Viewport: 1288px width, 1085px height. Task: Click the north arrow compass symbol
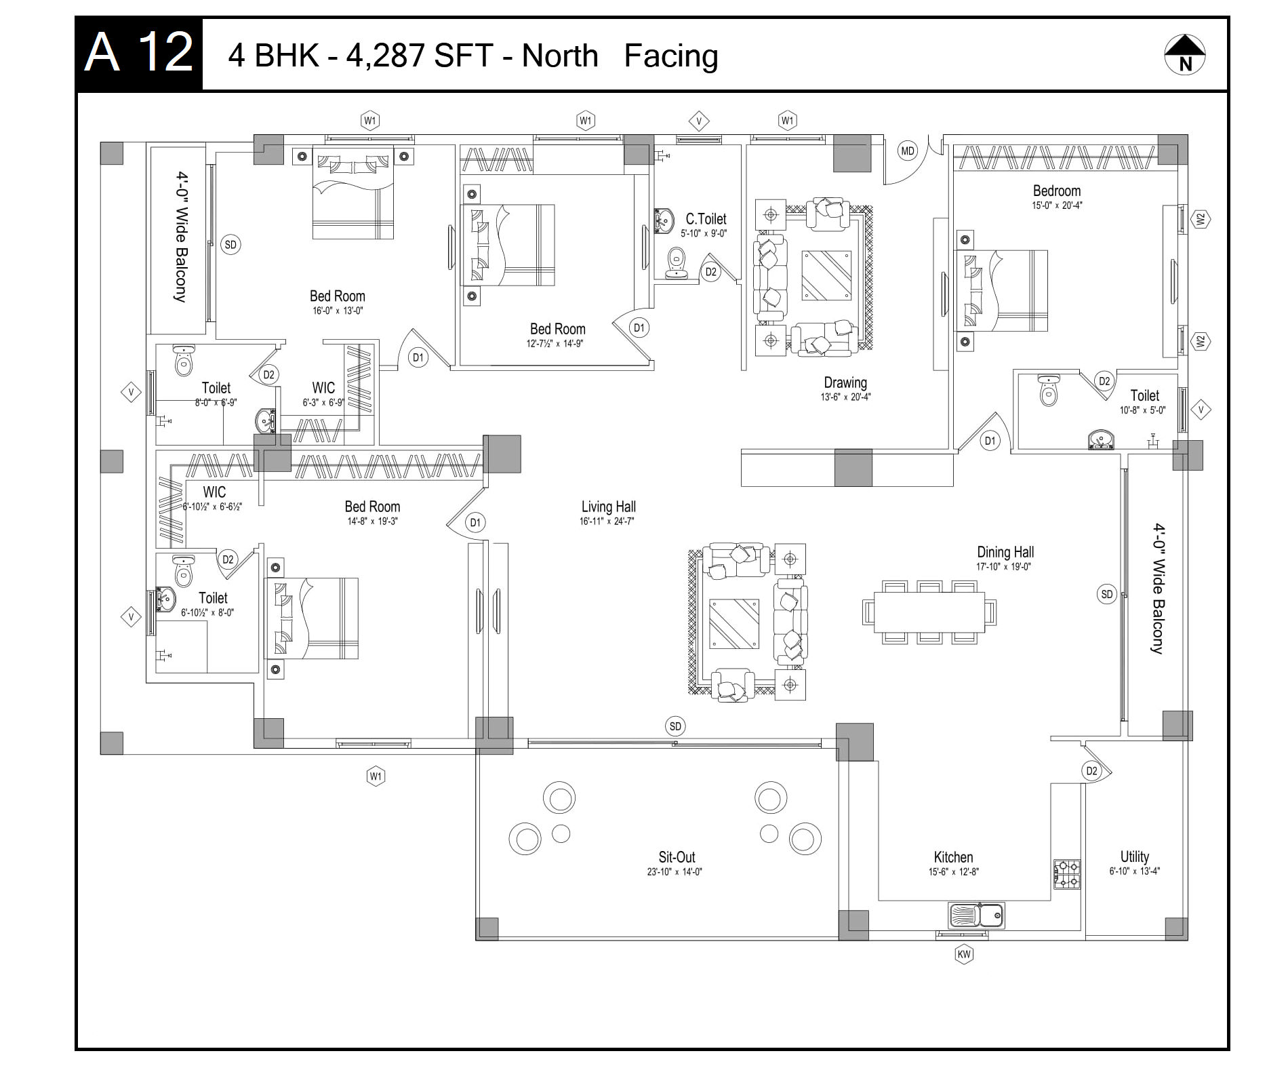[x=1185, y=54]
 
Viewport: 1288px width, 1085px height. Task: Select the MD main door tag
[x=908, y=151]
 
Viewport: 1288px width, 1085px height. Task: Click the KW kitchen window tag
[x=963, y=955]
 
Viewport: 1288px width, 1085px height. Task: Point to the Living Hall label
[x=609, y=507]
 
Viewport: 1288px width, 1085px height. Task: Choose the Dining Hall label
[x=1005, y=552]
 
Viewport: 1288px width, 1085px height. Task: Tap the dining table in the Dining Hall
[x=929, y=612]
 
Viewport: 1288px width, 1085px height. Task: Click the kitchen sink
[x=977, y=915]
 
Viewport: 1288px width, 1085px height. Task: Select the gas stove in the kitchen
[x=1067, y=874]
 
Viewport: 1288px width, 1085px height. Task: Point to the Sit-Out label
[x=677, y=857]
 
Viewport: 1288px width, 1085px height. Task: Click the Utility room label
[x=1135, y=856]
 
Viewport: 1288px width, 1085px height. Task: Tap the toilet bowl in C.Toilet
[x=676, y=263]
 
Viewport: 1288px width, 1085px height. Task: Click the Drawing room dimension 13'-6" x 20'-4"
[x=845, y=397]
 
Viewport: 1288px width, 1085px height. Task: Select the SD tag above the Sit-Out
[x=675, y=726]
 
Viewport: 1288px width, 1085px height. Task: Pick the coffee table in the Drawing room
[x=827, y=275]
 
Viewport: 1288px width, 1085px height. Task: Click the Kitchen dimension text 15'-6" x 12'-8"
[x=954, y=872]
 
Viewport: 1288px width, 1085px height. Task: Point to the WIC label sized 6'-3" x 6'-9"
[x=323, y=388]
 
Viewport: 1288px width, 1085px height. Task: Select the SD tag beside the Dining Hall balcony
[x=1107, y=595]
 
